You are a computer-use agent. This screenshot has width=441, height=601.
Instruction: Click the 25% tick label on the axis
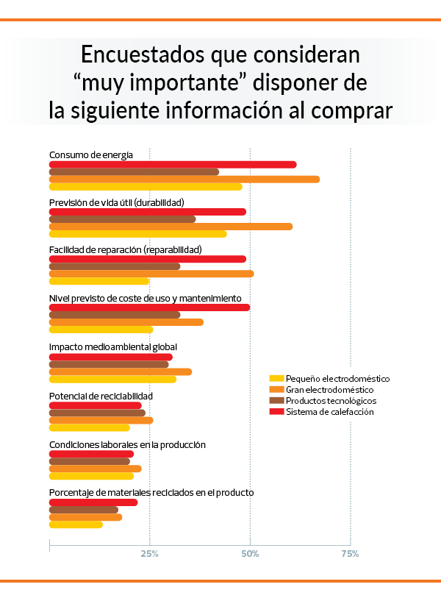pos(149,553)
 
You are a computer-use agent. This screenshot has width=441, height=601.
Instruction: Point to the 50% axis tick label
pos(250,553)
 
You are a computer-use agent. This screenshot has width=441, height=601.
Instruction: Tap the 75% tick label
pos(350,553)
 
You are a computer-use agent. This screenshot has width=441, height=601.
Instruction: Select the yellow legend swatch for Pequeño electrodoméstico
pos(276,378)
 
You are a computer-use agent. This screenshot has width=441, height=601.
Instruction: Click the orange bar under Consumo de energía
pos(184,179)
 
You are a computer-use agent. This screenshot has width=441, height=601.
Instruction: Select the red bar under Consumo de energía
pos(172,165)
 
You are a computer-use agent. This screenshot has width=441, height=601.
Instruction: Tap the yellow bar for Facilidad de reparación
pos(99,281)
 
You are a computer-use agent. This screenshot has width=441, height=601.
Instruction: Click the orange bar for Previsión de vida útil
pos(171,227)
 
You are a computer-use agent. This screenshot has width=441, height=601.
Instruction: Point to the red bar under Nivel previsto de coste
pos(149,307)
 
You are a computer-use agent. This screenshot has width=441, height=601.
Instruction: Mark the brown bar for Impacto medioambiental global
pos(109,364)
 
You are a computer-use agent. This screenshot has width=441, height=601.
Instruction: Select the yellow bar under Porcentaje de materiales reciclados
pos(76,524)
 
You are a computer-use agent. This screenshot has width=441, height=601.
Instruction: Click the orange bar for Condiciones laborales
pos(95,469)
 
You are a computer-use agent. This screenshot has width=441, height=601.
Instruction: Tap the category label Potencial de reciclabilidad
pos(101,396)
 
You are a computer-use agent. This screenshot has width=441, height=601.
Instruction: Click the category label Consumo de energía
pos(91,154)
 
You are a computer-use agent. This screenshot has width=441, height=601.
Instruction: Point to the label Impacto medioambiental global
pos(112,347)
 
